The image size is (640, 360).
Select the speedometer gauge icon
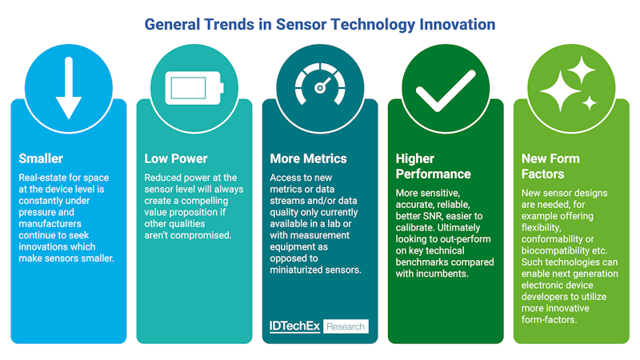[320, 86]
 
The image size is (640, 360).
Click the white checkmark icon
[446, 92]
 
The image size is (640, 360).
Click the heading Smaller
[42, 158]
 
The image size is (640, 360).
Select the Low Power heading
[175, 158]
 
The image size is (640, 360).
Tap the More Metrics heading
[308, 158]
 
